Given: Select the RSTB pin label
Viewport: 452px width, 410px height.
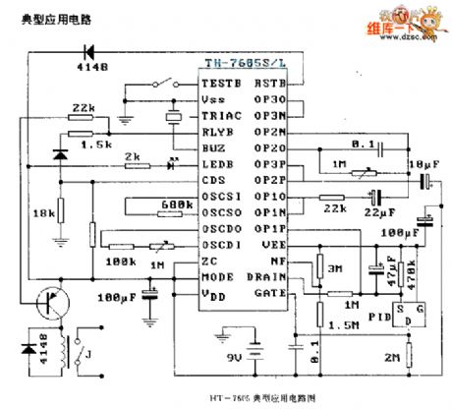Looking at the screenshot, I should (270, 85).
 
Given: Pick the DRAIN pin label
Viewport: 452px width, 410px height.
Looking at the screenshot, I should (267, 276).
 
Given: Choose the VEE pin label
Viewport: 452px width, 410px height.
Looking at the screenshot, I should (273, 244).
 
